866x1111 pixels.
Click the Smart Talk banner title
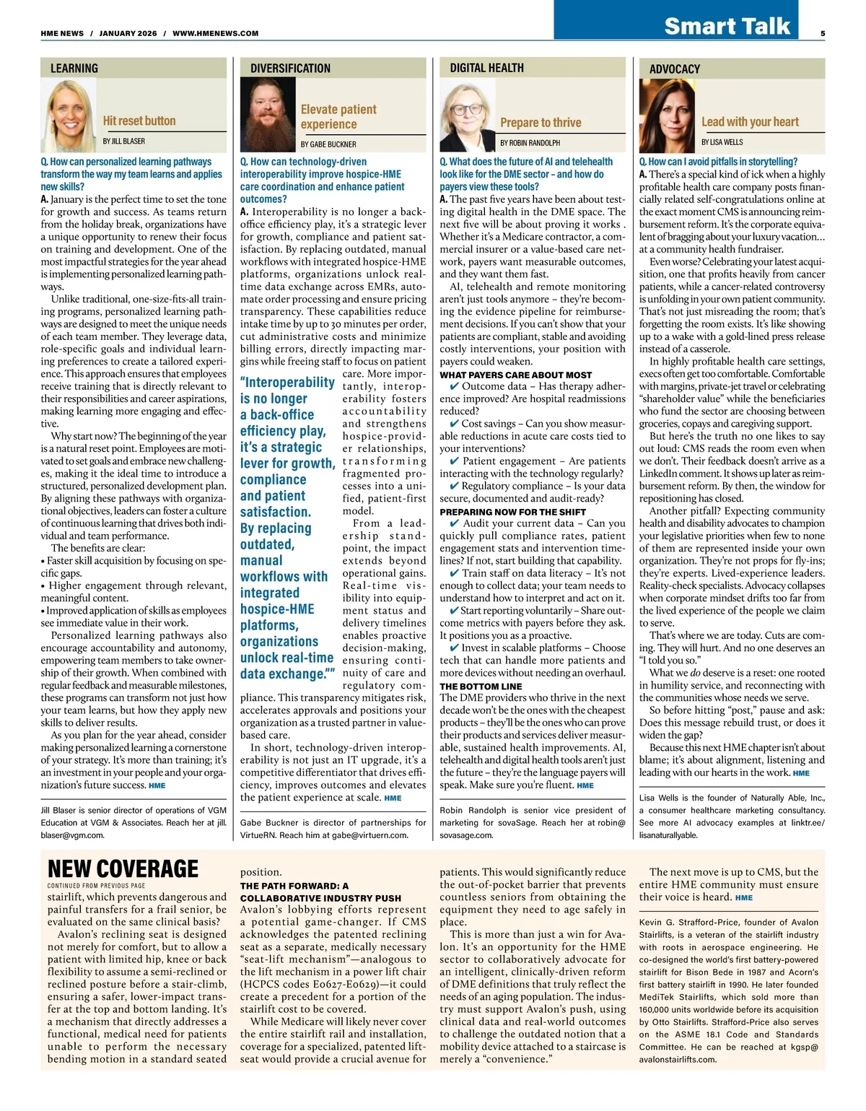pos(727,26)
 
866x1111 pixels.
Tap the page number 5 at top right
pos(823,33)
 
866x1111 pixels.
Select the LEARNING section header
pos(74,69)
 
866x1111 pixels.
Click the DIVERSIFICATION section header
pos(290,69)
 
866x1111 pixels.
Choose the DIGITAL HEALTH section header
pos(486,68)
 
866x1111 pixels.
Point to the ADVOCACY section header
pos(675,69)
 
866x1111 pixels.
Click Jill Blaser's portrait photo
pos(69,116)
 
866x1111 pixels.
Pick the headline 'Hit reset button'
pos(139,121)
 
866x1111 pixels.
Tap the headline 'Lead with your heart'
pos(750,122)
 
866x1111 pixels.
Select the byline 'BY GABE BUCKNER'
pos(328,144)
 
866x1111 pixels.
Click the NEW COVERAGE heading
pos(123,868)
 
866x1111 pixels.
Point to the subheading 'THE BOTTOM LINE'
pos(481,686)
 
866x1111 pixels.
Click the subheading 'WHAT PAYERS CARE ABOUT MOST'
pos(515,375)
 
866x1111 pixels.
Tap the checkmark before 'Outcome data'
pos(454,386)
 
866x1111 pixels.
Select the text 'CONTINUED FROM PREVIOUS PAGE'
pos(96,886)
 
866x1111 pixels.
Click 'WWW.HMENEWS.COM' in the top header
pos(215,33)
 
